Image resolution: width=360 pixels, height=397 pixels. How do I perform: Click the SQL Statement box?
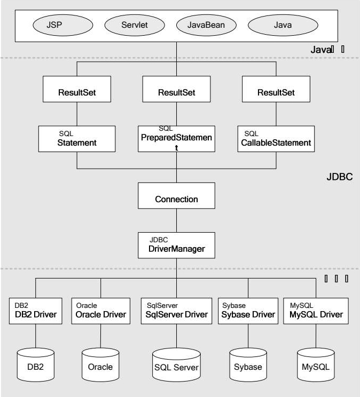pos(77,139)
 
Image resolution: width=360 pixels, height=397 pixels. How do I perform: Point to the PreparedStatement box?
pos(176,139)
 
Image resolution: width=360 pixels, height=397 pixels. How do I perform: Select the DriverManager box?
pos(176,245)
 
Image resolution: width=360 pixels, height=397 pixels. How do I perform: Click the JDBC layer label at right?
pos(339,177)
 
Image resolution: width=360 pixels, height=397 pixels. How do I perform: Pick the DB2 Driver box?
pos(36,311)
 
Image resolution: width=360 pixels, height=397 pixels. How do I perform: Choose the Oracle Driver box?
pos(100,311)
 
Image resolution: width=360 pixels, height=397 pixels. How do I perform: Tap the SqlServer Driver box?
pos(176,311)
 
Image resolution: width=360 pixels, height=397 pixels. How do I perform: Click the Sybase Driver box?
pos(247,311)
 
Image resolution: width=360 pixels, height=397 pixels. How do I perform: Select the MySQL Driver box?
pos(316,311)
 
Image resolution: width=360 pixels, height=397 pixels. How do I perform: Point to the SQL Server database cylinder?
pos(176,366)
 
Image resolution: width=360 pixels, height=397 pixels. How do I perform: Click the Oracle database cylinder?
pos(100,366)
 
